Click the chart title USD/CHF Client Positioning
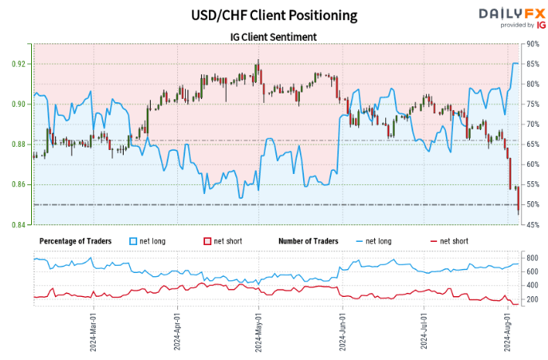click(x=274, y=14)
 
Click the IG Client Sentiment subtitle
click(x=274, y=36)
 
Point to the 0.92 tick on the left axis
click(x=18, y=64)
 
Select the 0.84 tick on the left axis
click(x=18, y=225)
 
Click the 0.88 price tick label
click(x=18, y=144)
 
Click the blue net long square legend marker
click(x=133, y=240)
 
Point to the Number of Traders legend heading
click(x=308, y=240)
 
